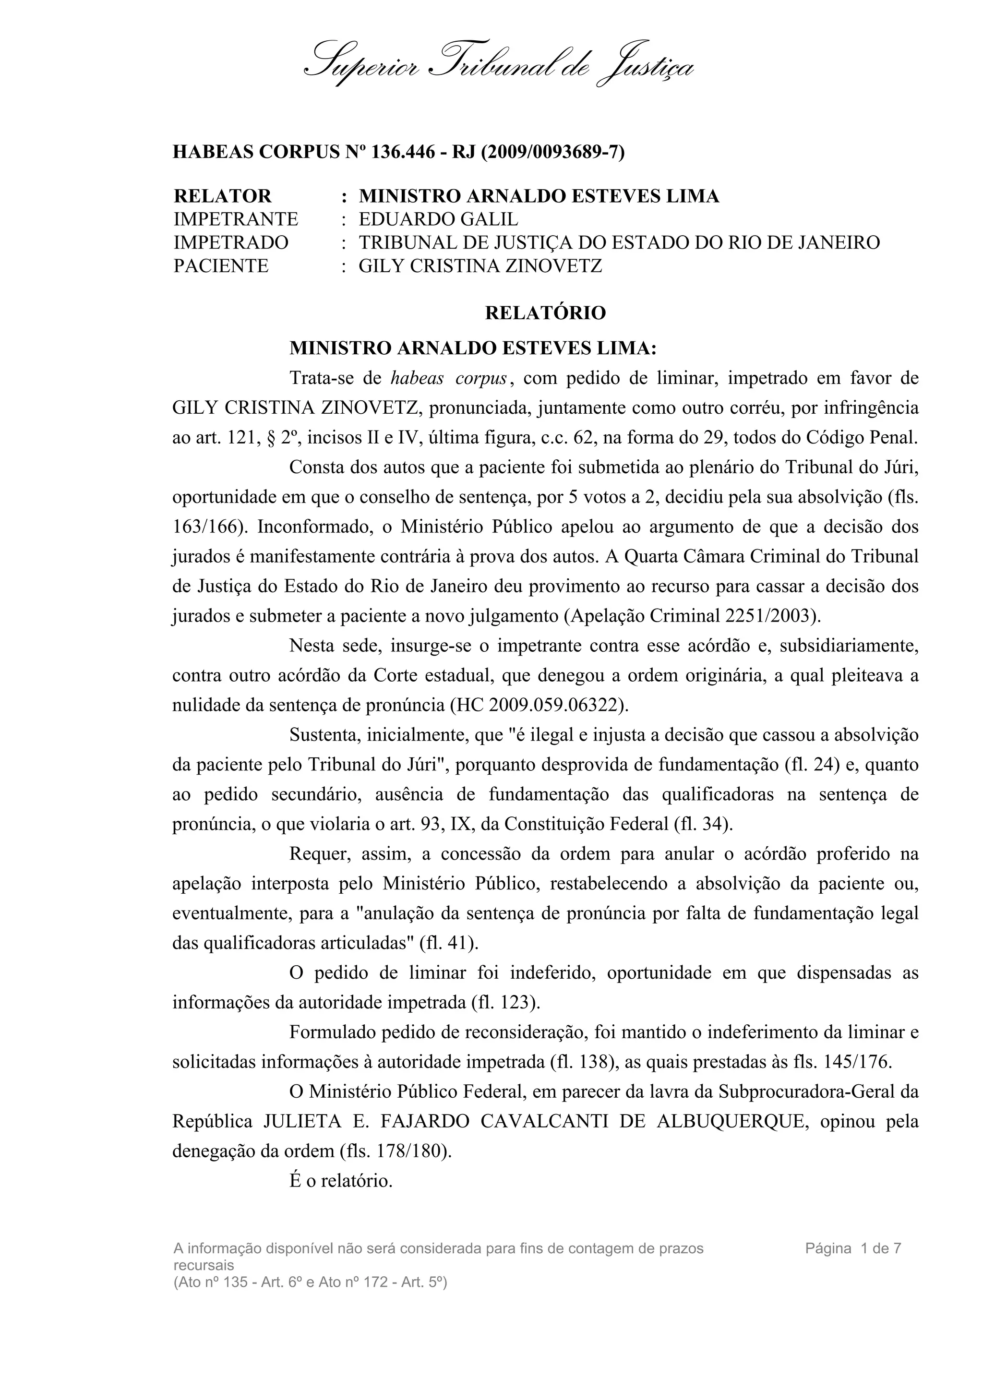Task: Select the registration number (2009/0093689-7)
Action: click(x=552, y=152)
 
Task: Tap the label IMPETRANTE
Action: click(x=236, y=219)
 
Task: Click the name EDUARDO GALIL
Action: click(x=439, y=219)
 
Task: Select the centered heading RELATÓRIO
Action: click(x=545, y=313)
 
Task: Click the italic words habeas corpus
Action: click(x=449, y=379)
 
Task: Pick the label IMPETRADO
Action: click(x=231, y=242)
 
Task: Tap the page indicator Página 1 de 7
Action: click(x=853, y=1248)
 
